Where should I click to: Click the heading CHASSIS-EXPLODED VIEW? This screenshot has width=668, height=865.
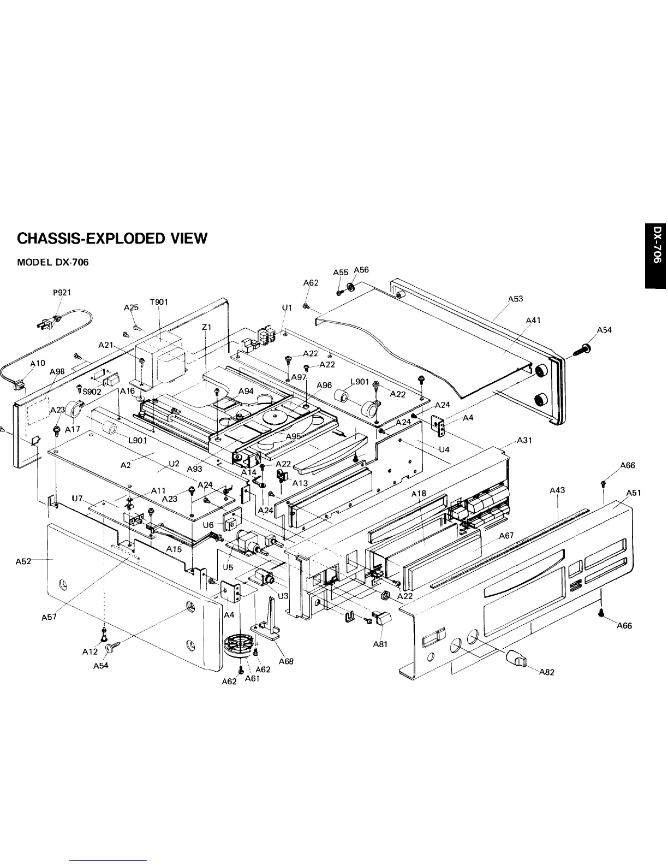(112, 239)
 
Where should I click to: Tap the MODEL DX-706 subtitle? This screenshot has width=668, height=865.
(53, 262)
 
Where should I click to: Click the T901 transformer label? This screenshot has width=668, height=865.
(159, 302)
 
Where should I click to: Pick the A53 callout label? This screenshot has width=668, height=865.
(516, 299)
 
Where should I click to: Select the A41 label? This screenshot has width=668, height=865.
(533, 320)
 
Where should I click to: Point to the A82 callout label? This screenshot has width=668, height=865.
(546, 672)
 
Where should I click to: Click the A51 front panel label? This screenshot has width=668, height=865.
(633, 493)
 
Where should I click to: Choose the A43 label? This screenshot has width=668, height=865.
(557, 490)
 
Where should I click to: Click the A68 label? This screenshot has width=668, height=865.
(286, 661)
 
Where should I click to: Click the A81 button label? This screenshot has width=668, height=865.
(380, 644)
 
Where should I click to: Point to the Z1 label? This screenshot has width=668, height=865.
(206, 327)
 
